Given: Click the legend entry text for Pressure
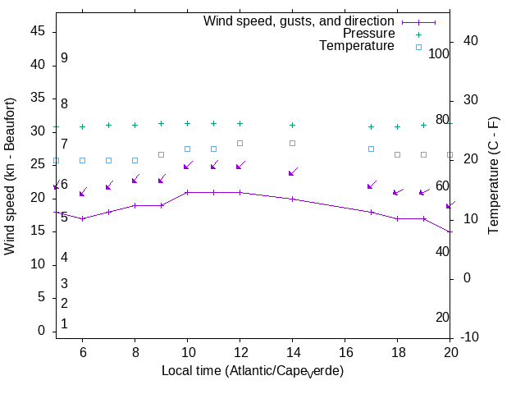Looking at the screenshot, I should (x=368, y=34).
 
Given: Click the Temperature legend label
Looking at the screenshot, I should (x=357, y=46).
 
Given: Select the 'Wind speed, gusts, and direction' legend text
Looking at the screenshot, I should (x=299, y=21).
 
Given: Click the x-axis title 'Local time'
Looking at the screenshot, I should (x=252, y=371).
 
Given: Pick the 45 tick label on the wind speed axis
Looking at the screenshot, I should (x=37, y=30).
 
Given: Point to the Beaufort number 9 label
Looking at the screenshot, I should (x=64, y=58).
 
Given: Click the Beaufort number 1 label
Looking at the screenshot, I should (x=64, y=324).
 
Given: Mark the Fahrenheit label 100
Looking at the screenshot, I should (x=440, y=53).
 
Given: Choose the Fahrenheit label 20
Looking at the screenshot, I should (x=442, y=317).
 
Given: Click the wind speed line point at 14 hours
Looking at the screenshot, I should (x=292, y=199).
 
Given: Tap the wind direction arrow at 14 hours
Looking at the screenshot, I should (x=292, y=172).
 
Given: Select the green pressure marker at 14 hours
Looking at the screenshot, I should (x=292, y=125).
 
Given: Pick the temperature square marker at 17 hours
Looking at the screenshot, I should (x=371, y=149).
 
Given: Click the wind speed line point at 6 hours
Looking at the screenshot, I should (x=82, y=218).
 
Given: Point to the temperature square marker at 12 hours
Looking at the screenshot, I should (x=240, y=143).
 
